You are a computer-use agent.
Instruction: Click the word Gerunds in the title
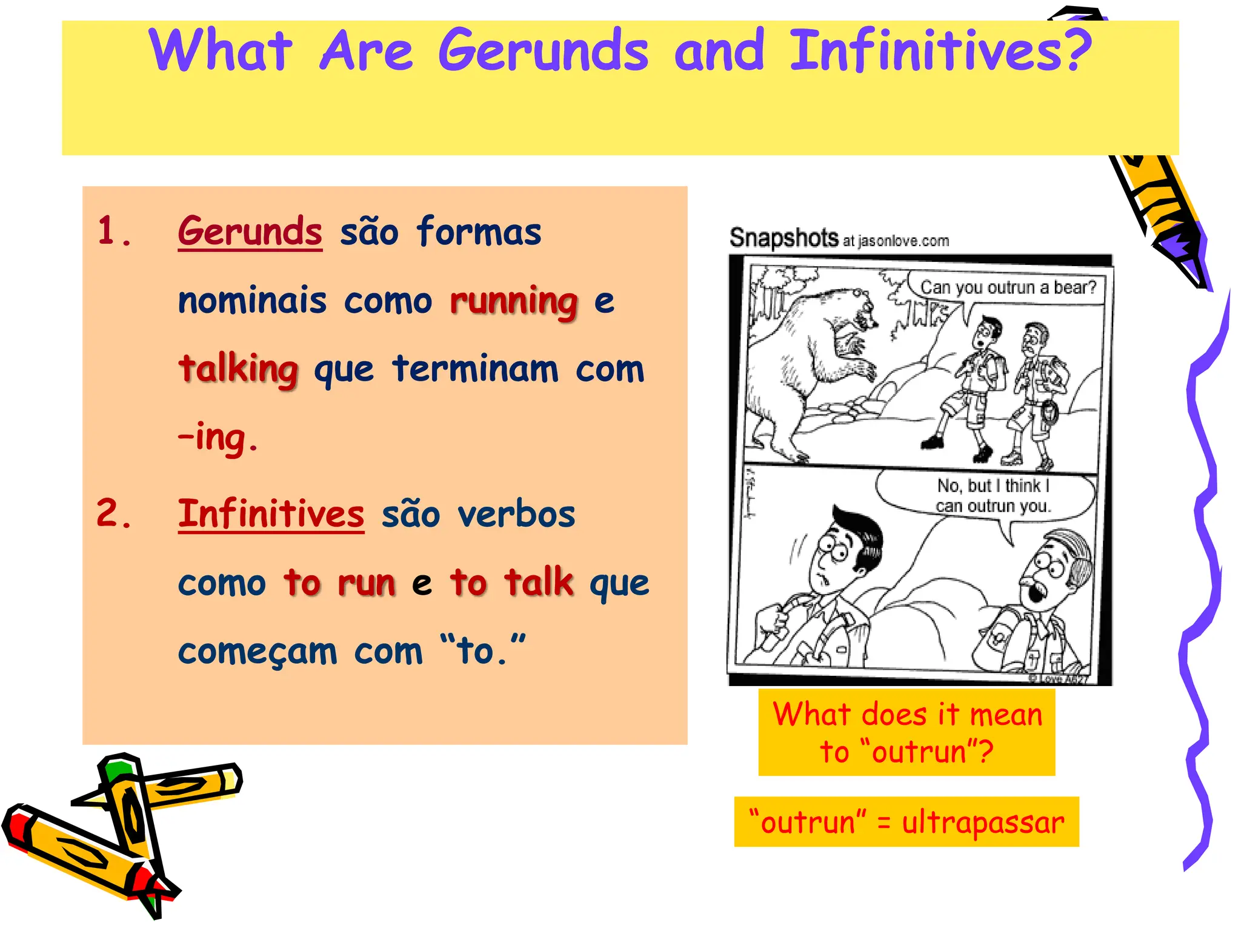coord(543,51)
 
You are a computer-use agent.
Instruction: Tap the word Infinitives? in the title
coord(940,51)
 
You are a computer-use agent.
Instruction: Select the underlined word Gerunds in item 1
coord(250,232)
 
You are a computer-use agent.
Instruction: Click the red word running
coord(514,301)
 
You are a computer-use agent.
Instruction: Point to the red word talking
coord(238,369)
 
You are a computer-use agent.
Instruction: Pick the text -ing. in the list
coord(218,438)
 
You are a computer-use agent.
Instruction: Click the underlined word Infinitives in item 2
coord(271,514)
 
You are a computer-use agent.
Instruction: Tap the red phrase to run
coord(339,582)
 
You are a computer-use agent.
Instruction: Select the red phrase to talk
coord(511,582)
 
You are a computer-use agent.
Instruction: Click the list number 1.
coord(114,232)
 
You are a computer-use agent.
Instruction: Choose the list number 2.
coord(114,514)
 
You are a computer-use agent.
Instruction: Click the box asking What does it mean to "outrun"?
coord(907,732)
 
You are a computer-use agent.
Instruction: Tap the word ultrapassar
coord(982,823)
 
